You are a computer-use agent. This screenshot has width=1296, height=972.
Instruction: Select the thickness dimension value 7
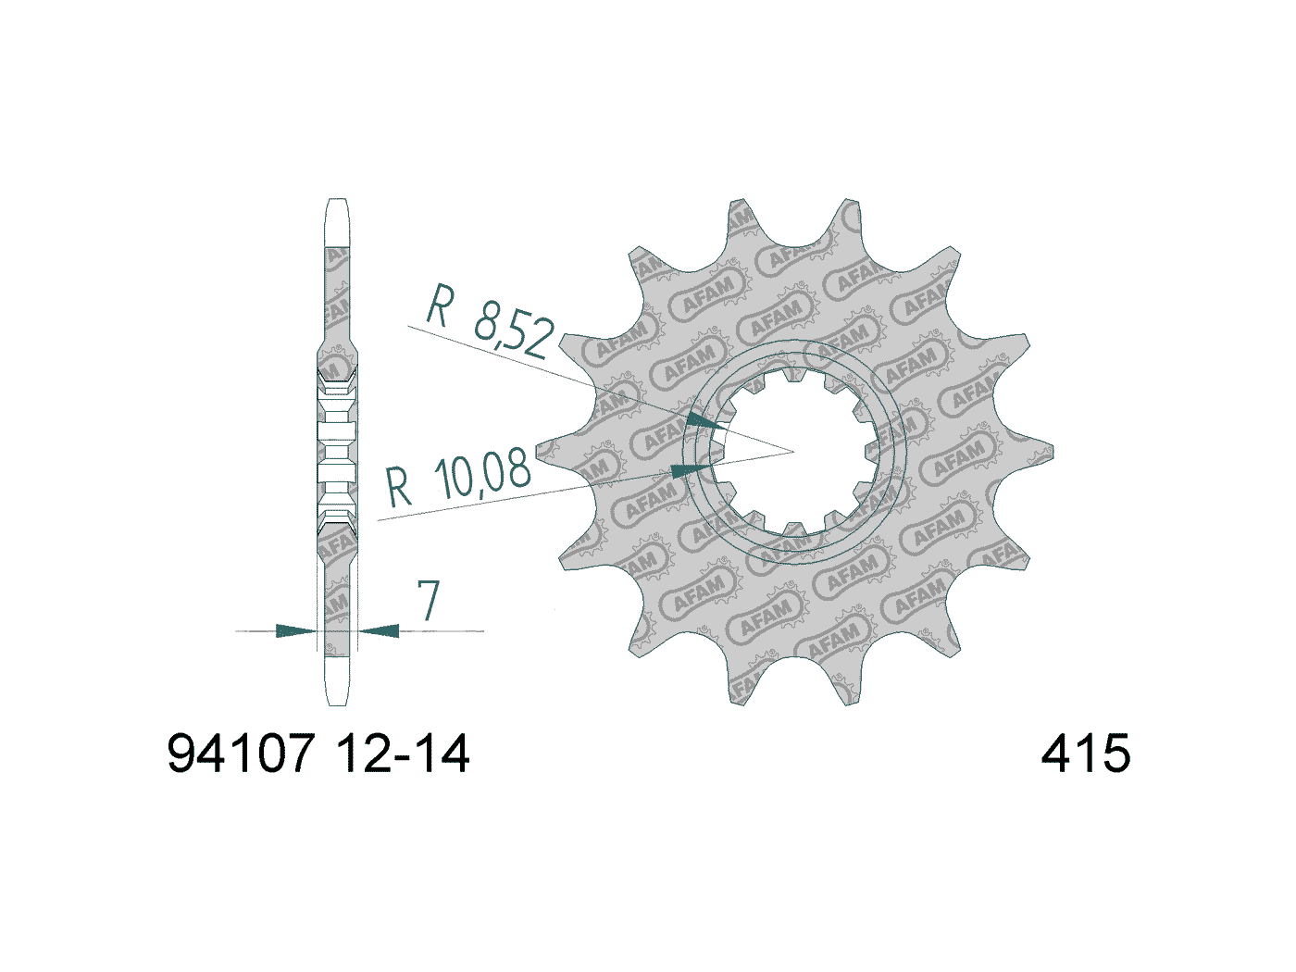(x=428, y=602)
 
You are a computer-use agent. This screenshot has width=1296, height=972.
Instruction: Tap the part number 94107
(x=242, y=754)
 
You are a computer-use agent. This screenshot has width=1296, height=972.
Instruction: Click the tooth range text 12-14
(x=404, y=754)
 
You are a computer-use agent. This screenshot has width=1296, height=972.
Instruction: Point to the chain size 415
(x=1085, y=754)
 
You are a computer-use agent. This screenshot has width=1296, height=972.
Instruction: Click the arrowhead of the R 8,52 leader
(x=707, y=422)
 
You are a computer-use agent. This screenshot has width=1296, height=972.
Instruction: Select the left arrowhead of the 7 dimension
(x=297, y=631)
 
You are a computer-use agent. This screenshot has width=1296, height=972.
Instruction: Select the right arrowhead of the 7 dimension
(x=379, y=631)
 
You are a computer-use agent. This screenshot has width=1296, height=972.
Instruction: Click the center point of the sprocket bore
(x=794, y=452)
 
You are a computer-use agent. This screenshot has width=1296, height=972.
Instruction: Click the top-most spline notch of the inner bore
(x=794, y=375)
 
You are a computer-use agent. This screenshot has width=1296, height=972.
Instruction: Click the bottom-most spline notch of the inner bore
(x=794, y=529)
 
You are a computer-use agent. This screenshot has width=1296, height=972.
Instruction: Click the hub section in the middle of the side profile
(x=337, y=451)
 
